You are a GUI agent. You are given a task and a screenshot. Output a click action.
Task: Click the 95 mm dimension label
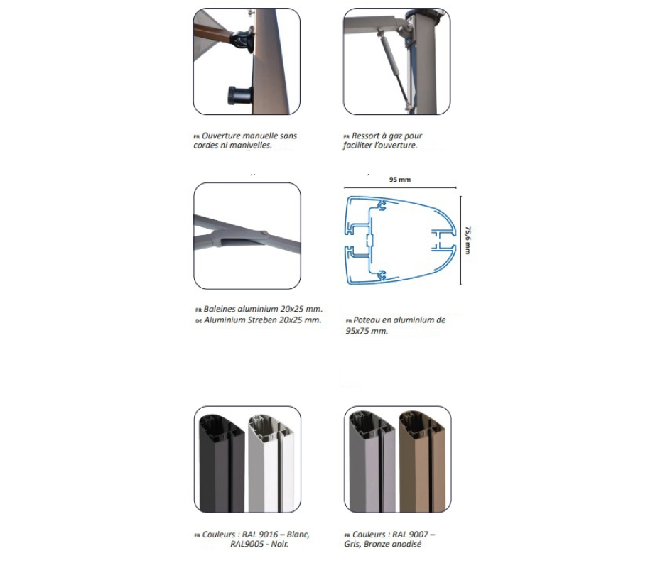(399, 180)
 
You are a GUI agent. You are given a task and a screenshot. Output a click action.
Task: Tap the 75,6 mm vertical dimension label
(468, 240)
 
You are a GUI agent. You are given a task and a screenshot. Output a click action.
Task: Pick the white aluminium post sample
(271, 463)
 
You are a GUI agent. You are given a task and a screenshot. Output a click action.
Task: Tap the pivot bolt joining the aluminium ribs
(264, 234)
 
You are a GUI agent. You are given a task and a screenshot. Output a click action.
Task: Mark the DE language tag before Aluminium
(198, 321)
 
